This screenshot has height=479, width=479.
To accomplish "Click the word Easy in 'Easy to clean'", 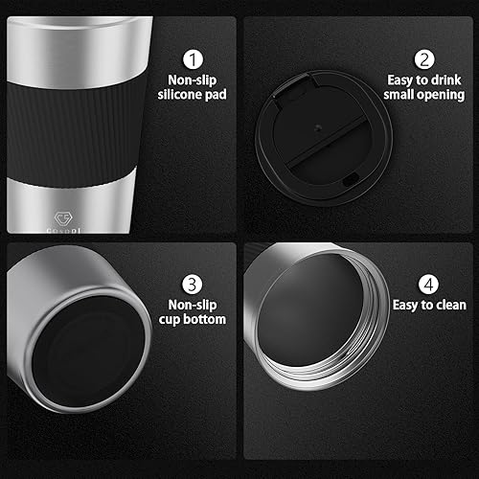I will [406, 306].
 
